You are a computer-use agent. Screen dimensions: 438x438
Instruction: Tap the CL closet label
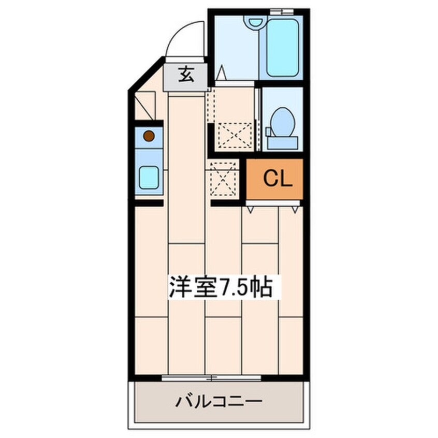tap(278, 179)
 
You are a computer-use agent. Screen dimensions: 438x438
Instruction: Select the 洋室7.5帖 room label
tap(220, 287)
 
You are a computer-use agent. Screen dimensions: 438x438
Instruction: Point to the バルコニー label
tap(219, 402)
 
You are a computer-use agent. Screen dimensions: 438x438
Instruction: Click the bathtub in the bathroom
tap(283, 47)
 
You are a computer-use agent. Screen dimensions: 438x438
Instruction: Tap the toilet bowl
tap(283, 122)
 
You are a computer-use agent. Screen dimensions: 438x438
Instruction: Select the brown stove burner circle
tap(149, 136)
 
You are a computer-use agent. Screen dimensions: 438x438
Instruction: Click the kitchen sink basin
tap(149, 178)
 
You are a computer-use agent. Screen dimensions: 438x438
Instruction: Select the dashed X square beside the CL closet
tap(222, 179)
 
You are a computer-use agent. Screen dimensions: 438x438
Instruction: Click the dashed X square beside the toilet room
tap(235, 135)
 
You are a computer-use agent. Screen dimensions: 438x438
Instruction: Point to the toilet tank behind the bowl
tap(283, 143)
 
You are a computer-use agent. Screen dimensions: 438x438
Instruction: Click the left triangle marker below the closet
tap(250, 210)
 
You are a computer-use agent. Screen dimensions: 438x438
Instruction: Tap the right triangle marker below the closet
tap(295, 210)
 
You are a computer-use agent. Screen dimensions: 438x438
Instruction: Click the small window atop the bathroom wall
tap(282, 12)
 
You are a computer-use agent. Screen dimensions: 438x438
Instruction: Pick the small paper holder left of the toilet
tap(268, 132)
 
